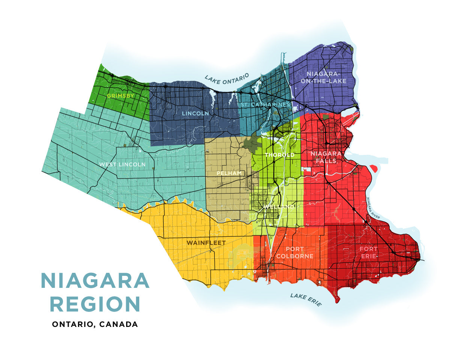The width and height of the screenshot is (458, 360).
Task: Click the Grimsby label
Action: click(x=120, y=96)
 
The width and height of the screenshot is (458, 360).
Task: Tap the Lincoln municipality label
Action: click(x=195, y=113)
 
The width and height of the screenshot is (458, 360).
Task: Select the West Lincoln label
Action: click(x=122, y=165)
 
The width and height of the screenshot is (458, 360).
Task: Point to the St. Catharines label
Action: click(x=265, y=104)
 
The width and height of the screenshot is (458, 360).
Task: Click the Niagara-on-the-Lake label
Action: click(x=326, y=77)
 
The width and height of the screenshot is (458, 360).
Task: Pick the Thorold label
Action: click(x=279, y=155)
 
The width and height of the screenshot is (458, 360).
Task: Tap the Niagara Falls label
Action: click(x=326, y=157)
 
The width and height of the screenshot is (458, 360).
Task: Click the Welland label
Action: click(x=279, y=207)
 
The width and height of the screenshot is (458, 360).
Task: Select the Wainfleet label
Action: click(x=206, y=243)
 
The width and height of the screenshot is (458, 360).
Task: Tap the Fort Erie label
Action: click(x=369, y=253)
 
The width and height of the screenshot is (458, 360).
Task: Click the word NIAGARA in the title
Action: click(x=95, y=281)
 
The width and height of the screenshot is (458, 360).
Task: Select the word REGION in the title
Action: click(x=95, y=304)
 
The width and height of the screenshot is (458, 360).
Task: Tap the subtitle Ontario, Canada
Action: click(x=95, y=324)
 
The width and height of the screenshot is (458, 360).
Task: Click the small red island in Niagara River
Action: click(x=374, y=168)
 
